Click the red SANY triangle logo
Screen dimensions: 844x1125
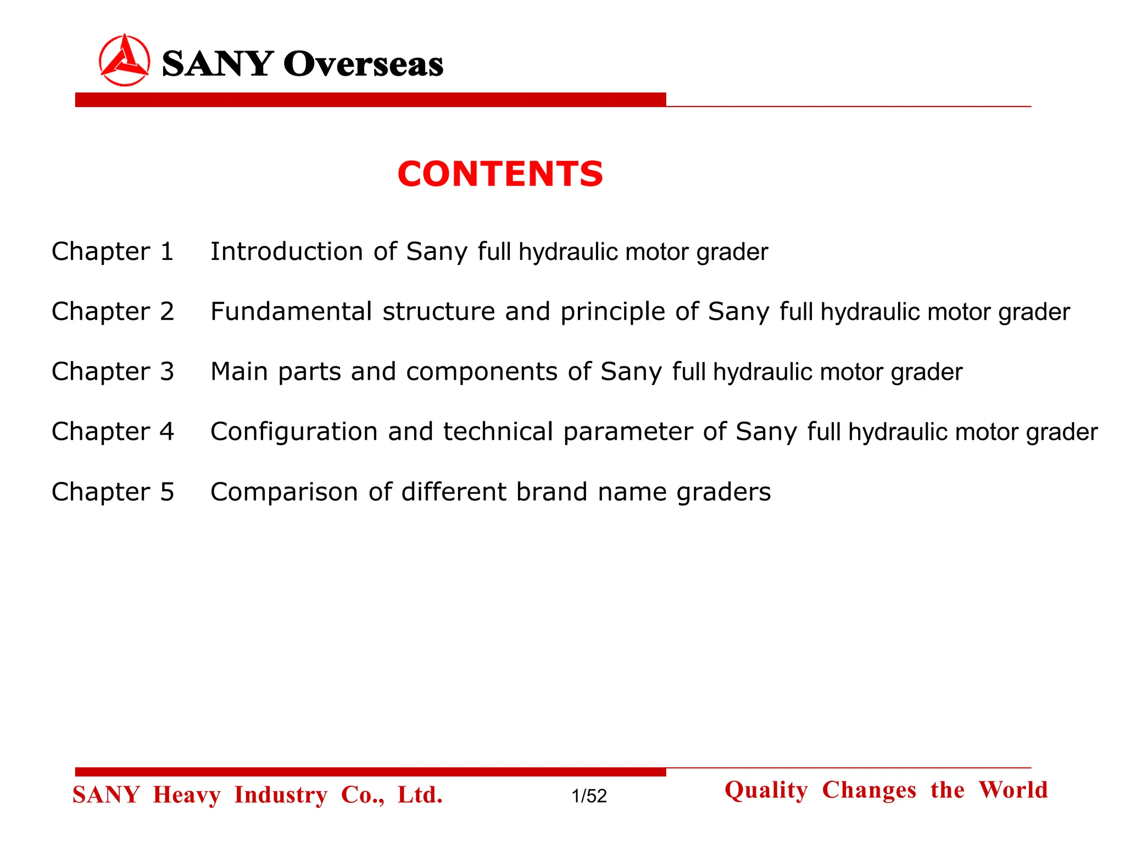click(124, 60)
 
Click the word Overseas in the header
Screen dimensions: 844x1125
click(363, 64)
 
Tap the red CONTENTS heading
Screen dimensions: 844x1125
click(500, 174)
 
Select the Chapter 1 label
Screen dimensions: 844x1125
click(113, 252)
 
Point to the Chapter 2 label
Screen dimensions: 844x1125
click(113, 312)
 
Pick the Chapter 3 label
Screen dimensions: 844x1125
click(113, 371)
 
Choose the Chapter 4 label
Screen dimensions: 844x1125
click(113, 431)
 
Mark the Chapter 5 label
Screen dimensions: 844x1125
click(113, 492)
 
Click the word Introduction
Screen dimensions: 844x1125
click(287, 252)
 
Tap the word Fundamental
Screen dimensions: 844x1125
click(292, 312)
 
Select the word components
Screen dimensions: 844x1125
click(482, 372)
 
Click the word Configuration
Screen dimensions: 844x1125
click(294, 432)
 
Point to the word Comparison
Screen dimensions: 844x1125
click(285, 492)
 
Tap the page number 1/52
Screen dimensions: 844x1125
click(589, 796)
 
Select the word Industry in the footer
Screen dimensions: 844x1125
click(281, 795)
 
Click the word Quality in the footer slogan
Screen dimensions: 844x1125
click(766, 791)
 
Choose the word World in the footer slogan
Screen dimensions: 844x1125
click(1013, 790)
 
